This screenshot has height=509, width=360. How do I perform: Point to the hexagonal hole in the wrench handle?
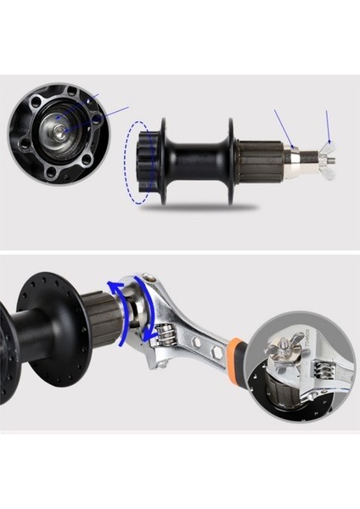pyautogui.click(x=217, y=350)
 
